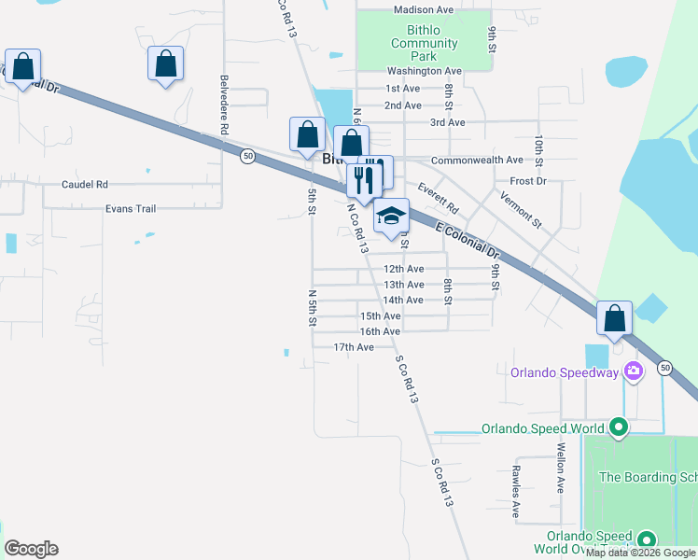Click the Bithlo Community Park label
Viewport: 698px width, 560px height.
tap(424, 43)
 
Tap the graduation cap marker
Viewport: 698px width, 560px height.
tap(392, 217)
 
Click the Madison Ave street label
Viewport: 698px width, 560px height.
tap(423, 9)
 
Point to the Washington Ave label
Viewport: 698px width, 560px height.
tap(424, 71)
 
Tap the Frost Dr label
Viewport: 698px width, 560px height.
tap(527, 180)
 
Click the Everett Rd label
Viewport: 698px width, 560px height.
tap(439, 196)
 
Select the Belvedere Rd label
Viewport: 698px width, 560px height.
tap(225, 106)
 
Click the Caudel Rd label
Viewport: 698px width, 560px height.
tap(85, 185)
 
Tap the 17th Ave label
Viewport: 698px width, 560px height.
tap(354, 347)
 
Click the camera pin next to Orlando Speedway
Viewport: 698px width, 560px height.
tap(634, 372)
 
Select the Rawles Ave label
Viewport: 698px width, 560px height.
tap(515, 492)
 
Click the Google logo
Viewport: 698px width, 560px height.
tap(31, 549)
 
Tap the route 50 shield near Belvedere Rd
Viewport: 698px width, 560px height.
tap(246, 156)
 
